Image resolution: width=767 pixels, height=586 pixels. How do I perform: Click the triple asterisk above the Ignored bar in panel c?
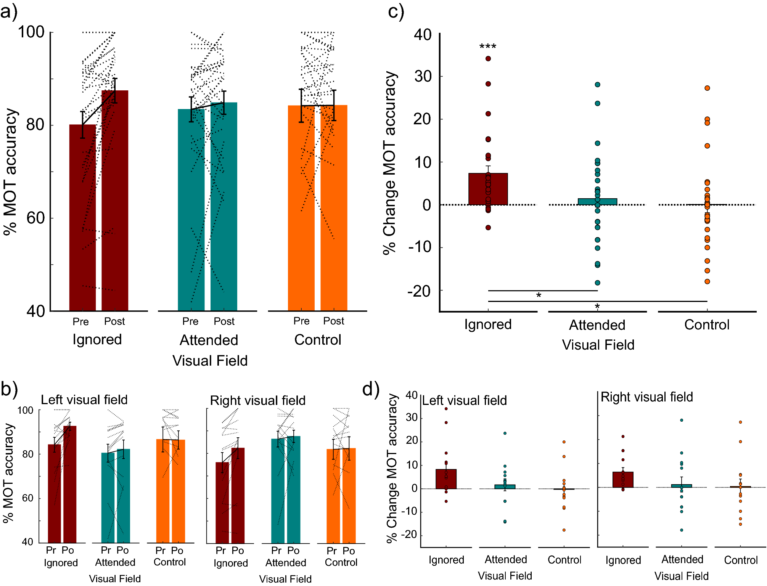488,47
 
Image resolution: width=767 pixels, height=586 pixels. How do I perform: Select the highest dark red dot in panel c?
488,58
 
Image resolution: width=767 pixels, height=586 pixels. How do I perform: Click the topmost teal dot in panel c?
598,85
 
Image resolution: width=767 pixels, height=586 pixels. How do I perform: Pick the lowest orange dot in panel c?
707,281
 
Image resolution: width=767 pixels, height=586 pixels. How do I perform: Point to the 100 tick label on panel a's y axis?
31,32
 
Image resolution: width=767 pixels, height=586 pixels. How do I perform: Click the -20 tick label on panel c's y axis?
419,291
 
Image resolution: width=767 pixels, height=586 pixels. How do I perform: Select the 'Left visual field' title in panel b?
84,400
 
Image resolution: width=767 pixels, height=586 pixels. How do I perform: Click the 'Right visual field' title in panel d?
646,397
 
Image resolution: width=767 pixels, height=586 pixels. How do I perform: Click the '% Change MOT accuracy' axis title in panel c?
390,163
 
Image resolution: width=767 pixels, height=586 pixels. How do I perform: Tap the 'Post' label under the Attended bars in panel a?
224,321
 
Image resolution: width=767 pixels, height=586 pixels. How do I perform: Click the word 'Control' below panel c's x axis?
707,324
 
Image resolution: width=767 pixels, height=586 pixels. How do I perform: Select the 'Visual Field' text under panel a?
210,361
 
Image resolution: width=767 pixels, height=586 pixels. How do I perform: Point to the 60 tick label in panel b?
27,498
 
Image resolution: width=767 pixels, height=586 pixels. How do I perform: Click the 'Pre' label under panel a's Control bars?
301,321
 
